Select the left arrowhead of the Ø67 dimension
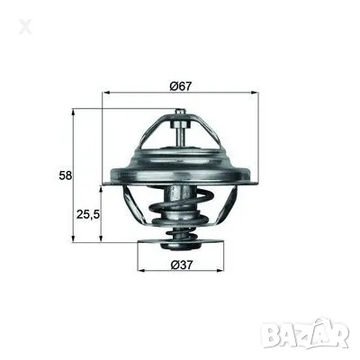pyautogui.click(x=107, y=93)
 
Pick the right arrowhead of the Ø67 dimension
pyautogui.click(x=256, y=93)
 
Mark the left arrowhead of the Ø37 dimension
pyautogui.click(x=140, y=270)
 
